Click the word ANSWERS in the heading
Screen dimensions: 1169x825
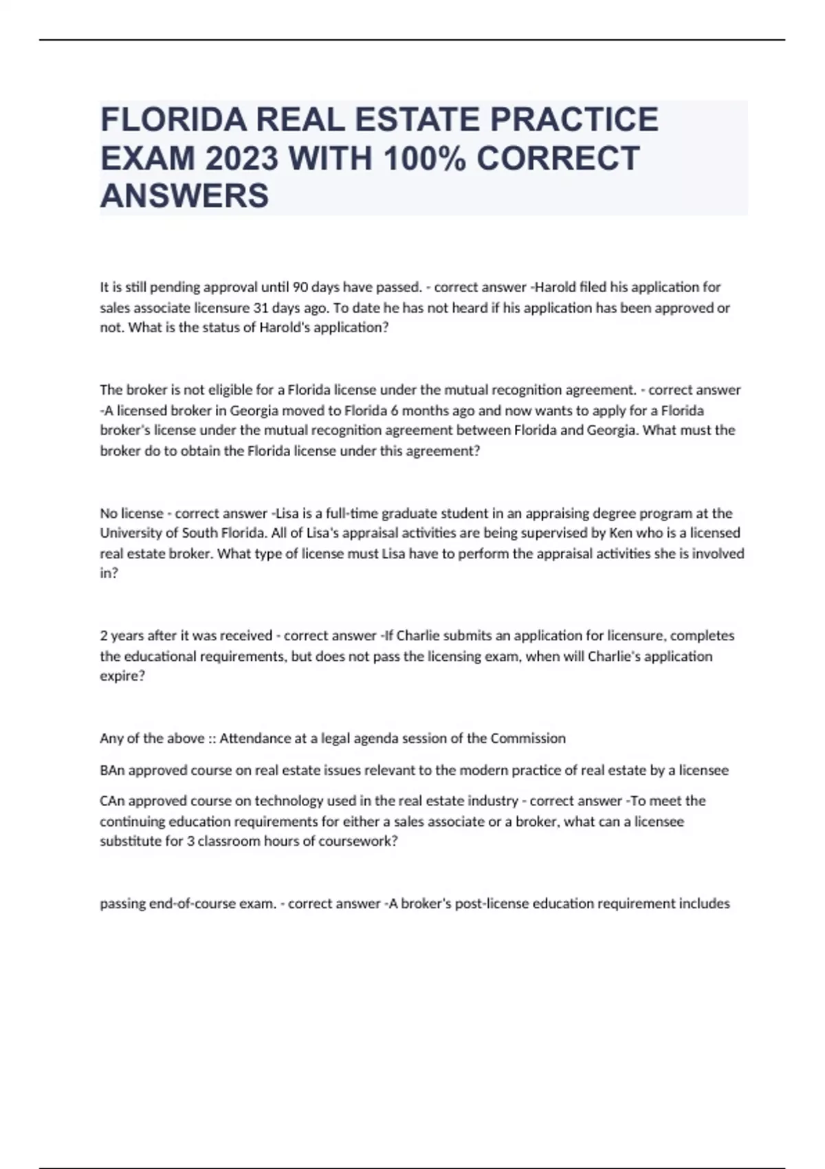(184, 196)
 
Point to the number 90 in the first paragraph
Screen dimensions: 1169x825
(300, 287)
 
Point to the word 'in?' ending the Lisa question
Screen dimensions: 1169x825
(109, 573)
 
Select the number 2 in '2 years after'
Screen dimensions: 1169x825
(104, 635)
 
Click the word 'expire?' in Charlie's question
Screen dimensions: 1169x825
(122, 676)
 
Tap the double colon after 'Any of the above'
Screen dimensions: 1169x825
(212, 739)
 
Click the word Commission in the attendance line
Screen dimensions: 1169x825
(528, 739)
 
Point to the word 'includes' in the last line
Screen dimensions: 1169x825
(705, 904)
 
